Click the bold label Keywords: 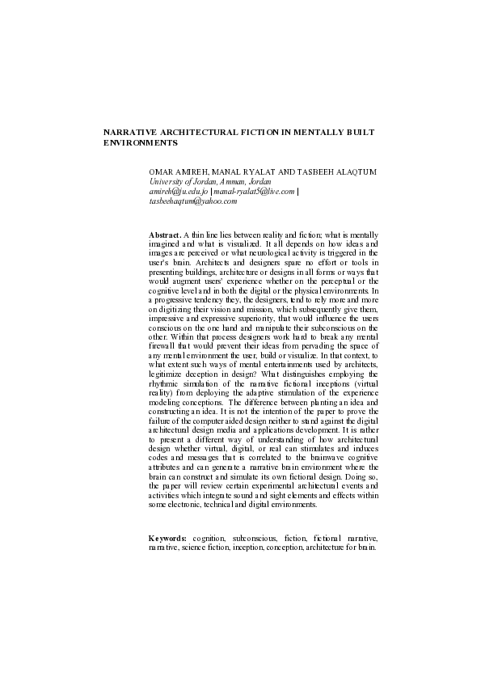(x=168, y=537)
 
